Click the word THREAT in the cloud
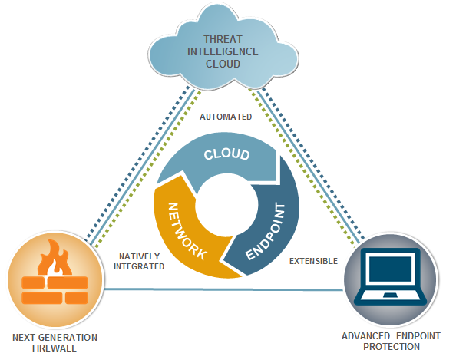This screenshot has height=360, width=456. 223,39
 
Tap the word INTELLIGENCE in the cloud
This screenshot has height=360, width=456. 223,51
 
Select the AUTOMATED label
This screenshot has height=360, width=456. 226,117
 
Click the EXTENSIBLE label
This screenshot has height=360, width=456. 313,261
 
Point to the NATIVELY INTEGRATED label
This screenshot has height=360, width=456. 139,261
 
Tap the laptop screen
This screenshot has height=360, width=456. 390,268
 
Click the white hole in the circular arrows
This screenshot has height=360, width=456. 226,204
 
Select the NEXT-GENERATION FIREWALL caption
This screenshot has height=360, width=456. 55,342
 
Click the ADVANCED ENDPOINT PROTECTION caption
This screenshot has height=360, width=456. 392,341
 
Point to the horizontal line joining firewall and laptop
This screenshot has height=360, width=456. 223,289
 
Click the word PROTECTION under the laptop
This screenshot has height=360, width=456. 392,347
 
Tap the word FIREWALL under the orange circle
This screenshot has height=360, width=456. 55,348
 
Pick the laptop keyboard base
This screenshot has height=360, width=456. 390,298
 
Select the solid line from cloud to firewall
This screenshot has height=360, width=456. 143,167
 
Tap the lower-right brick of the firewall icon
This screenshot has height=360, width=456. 77,298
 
